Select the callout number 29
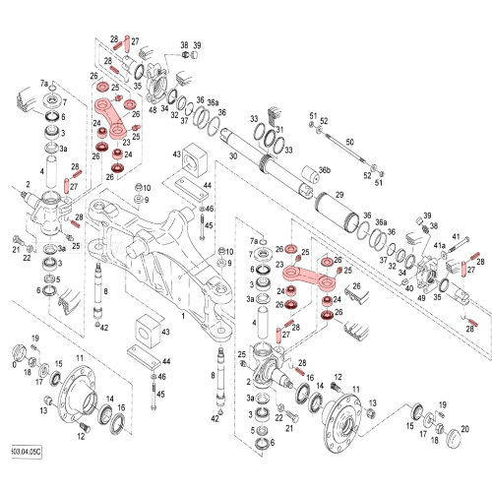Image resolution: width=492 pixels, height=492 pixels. pos(338,197)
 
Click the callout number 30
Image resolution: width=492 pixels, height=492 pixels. pos(233,155)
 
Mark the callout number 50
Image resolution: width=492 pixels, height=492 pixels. pos(348,143)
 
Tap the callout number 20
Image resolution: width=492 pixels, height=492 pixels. pos(464,428)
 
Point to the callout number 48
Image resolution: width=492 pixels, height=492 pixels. pos(153,109)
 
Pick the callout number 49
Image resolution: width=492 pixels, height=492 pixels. pos(421,297)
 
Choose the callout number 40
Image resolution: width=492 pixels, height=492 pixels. pos(409,288)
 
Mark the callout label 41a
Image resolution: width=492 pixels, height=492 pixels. pos(440,242)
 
